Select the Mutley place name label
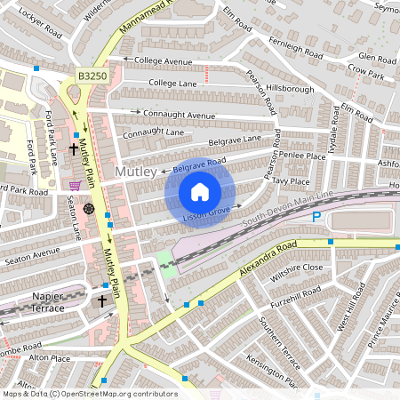click(136, 171)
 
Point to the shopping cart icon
click(75, 186)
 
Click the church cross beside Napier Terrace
click(101, 302)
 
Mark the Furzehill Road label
click(299, 294)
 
